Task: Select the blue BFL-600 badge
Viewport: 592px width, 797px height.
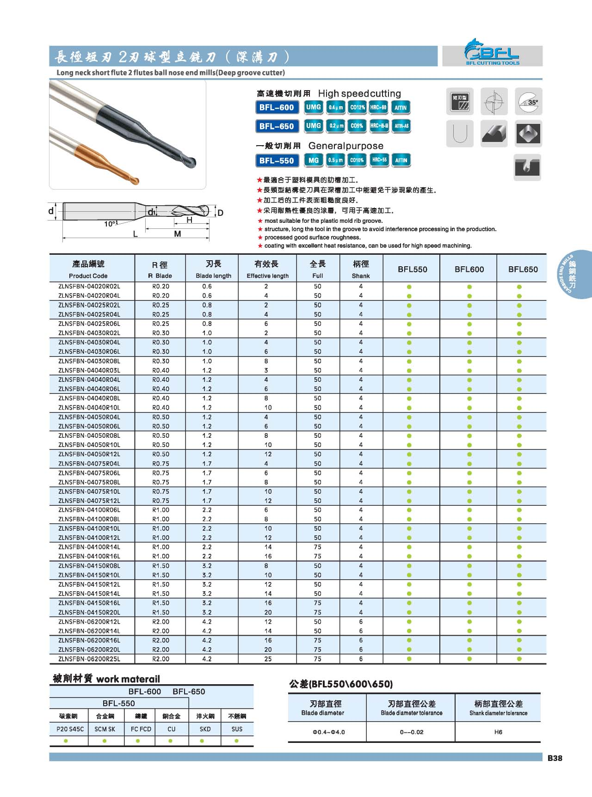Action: pyautogui.click(x=277, y=107)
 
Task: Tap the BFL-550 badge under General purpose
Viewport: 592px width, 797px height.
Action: pyautogui.click(x=277, y=160)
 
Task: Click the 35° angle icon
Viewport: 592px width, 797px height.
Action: pyautogui.click(x=528, y=101)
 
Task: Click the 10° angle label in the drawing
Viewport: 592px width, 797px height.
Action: pyautogui.click(x=110, y=224)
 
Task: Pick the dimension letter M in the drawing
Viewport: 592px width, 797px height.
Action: pyautogui.click(x=177, y=234)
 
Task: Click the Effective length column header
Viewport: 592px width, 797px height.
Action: pyautogui.click(x=267, y=269)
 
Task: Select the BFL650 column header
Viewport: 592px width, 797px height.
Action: pyautogui.click(x=523, y=269)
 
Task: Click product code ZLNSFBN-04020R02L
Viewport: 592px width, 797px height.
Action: pyautogui.click(x=89, y=287)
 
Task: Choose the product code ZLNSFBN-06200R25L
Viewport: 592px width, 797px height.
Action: pyautogui.click(x=89, y=659)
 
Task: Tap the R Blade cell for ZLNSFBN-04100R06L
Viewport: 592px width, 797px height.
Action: pyautogui.click(x=160, y=510)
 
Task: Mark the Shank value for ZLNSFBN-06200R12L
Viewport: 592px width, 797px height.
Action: pyautogui.click(x=361, y=622)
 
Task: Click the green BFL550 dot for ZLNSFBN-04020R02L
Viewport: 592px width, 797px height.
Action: pyautogui.click(x=409, y=287)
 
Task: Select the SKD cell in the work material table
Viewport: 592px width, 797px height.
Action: pyautogui.click(x=205, y=729)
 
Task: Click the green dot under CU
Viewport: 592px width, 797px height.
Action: pyautogui.click(x=171, y=741)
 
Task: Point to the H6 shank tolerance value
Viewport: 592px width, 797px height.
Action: pyautogui.click(x=498, y=732)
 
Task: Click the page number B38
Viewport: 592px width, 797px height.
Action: pyautogui.click(x=555, y=758)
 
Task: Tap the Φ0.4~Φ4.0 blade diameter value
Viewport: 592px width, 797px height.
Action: pyautogui.click(x=328, y=732)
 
